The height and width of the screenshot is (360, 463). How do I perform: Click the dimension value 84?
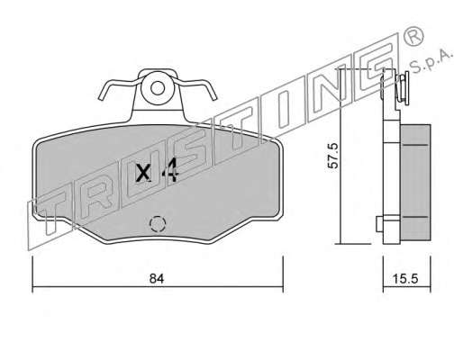157,279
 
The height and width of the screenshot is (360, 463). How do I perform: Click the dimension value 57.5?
333,156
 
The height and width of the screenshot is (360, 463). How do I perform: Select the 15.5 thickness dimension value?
405,279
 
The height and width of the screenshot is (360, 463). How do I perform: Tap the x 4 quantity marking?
158,173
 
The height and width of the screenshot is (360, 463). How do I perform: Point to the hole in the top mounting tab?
158,88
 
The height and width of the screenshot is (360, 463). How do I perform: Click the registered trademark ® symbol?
413,36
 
